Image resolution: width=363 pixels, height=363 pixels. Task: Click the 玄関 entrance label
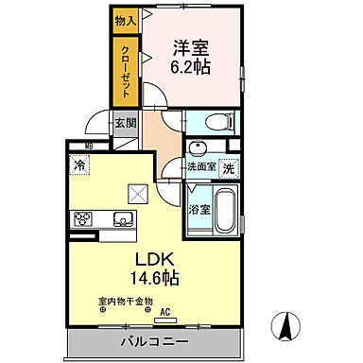click(126, 123)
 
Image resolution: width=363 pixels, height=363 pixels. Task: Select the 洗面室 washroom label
click(203, 168)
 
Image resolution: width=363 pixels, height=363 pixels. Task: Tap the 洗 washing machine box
click(229, 167)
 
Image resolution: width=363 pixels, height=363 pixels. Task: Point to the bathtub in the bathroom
click(227, 209)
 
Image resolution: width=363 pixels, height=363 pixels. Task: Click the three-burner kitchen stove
click(82, 220)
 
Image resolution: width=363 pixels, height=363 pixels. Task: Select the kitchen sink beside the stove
click(121, 219)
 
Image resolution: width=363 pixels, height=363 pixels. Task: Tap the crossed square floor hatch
click(138, 194)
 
